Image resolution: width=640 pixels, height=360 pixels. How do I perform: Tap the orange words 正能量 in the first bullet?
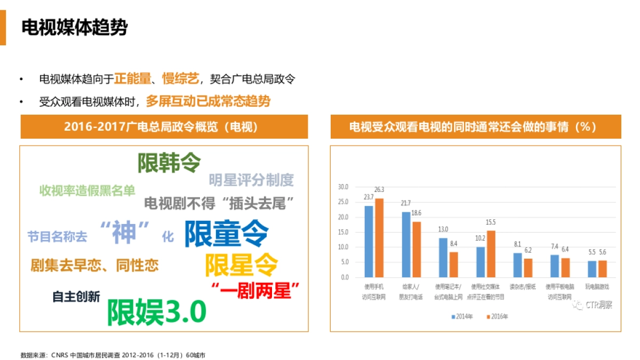pos(132,79)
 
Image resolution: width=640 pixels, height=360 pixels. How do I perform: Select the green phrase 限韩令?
pos(169,163)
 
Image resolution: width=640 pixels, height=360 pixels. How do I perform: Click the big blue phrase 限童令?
pos(227,234)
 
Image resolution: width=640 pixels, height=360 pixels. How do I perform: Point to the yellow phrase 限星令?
pos(242,263)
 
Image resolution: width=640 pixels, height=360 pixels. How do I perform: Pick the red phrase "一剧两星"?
pos(255,291)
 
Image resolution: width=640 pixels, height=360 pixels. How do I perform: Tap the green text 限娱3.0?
pos(157,312)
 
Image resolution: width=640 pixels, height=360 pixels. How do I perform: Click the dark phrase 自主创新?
pos(76,297)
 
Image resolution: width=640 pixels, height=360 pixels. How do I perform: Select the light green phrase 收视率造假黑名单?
pos(87,190)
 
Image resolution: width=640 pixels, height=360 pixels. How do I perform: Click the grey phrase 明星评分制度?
pos(251,180)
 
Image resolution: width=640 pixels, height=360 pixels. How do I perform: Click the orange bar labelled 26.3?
pos(379,237)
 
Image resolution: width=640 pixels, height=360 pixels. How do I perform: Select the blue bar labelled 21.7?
pos(406,244)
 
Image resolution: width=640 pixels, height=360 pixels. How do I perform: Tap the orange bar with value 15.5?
pos(491,253)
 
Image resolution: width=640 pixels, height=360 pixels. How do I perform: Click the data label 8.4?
pos(454,244)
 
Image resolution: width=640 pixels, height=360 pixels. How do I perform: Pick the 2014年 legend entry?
pos(462,316)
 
